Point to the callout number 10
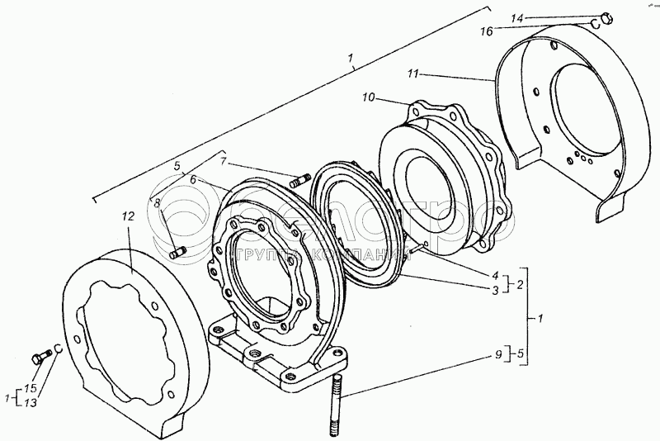368,97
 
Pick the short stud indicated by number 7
298,178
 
